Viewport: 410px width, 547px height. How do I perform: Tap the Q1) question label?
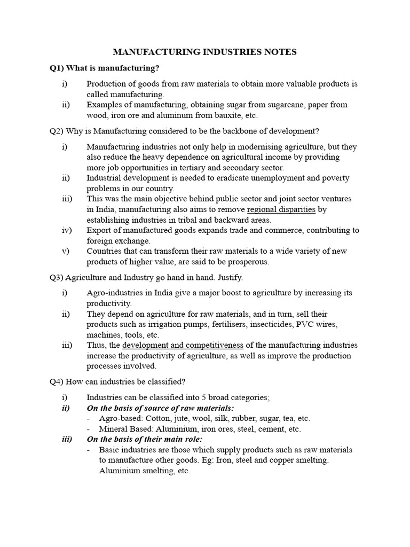(x=58, y=68)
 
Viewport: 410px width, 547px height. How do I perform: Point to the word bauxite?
(x=221, y=115)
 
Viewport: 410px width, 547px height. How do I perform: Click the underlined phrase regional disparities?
(x=281, y=209)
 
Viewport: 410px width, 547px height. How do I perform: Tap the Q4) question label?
(x=58, y=381)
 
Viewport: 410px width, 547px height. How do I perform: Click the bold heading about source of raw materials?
(x=160, y=408)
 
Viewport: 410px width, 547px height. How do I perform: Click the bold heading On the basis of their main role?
(x=144, y=439)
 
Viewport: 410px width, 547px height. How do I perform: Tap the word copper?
(x=284, y=460)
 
